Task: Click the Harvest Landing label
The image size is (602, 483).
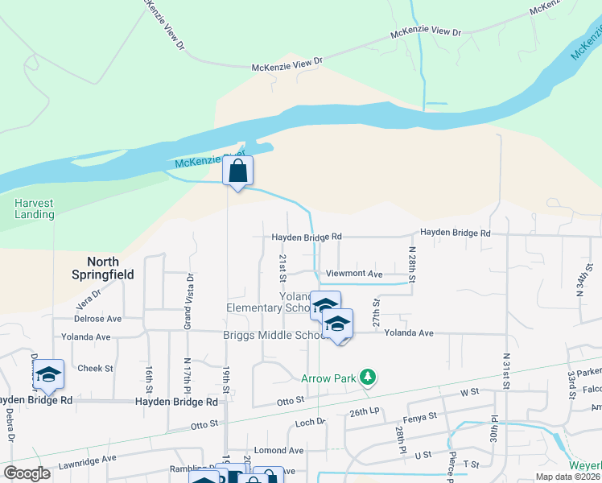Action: pos(35,208)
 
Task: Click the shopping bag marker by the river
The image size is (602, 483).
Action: pos(237,171)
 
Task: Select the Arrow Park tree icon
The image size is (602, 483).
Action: pos(368,376)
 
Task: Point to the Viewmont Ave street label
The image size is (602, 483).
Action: pos(353,274)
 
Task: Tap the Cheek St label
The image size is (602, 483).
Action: pos(96,368)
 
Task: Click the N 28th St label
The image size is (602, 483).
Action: pos(411,265)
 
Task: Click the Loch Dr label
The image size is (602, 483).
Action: pos(310,421)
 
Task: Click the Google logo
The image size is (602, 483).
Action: pos(27,473)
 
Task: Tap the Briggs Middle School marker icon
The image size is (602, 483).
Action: pos(338,324)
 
